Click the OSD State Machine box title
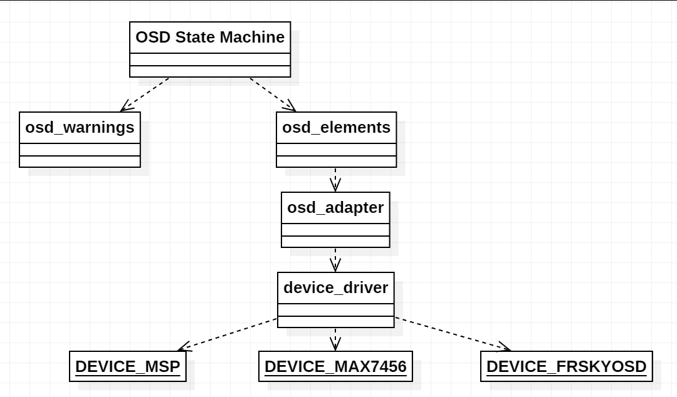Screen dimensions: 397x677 [210, 38]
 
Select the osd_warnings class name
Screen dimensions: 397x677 [80, 128]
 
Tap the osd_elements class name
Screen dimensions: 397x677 [336, 128]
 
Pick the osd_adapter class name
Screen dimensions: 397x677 [335, 208]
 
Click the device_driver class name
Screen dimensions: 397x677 [335, 288]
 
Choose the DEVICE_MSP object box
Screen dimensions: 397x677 [127, 366]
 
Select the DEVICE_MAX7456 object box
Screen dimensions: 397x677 [335, 366]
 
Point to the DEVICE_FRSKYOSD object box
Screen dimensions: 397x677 [566, 366]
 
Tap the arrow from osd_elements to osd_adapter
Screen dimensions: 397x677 [335, 178]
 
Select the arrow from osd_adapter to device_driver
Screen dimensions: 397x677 [335, 259]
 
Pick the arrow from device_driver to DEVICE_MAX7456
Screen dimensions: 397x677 [335, 338]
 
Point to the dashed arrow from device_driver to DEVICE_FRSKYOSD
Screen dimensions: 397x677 [451, 334]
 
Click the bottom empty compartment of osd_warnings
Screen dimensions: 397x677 [80, 162]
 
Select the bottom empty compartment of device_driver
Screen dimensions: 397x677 [335, 322]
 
